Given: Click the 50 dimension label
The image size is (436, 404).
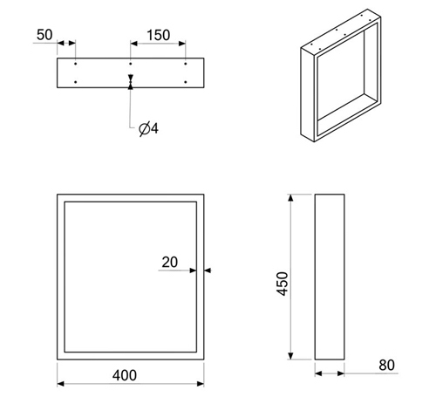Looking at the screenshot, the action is tap(44, 35).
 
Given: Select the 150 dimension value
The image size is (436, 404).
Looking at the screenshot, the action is tap(159, 35).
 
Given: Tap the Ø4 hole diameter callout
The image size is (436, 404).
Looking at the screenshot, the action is tap(148, 128).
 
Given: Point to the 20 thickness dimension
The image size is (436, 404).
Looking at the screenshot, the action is tap(169, 262).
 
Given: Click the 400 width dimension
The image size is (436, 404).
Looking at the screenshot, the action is tap(125, 375).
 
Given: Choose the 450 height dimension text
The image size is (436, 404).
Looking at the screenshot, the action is tap(283, 284).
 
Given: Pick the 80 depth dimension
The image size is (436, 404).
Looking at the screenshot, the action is tap(386, 365).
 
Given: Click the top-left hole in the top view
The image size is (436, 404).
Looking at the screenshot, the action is tap(76, 64).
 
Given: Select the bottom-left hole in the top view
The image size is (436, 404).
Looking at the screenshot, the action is tap(76, 82).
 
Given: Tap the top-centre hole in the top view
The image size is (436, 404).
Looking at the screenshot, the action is tap(131, 64).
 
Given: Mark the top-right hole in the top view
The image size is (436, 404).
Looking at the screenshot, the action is tap(186, 64).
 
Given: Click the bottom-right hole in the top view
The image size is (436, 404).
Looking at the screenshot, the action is tap(186, 82).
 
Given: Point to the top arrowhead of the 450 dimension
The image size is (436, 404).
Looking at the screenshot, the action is tap(290, 198).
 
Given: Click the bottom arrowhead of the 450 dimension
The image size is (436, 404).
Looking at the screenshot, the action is tap(290, 356).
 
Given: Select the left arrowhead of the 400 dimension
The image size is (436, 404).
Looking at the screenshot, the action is tap(60, 384).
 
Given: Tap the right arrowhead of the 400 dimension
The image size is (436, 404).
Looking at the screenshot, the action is tap(201, 384).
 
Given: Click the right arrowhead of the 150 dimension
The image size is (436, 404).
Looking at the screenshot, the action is tap(182, 44).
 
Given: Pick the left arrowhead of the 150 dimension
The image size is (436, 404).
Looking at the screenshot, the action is tap(134, 44).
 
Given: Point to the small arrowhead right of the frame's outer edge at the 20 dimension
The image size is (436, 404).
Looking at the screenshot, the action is tap(208, 270).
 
